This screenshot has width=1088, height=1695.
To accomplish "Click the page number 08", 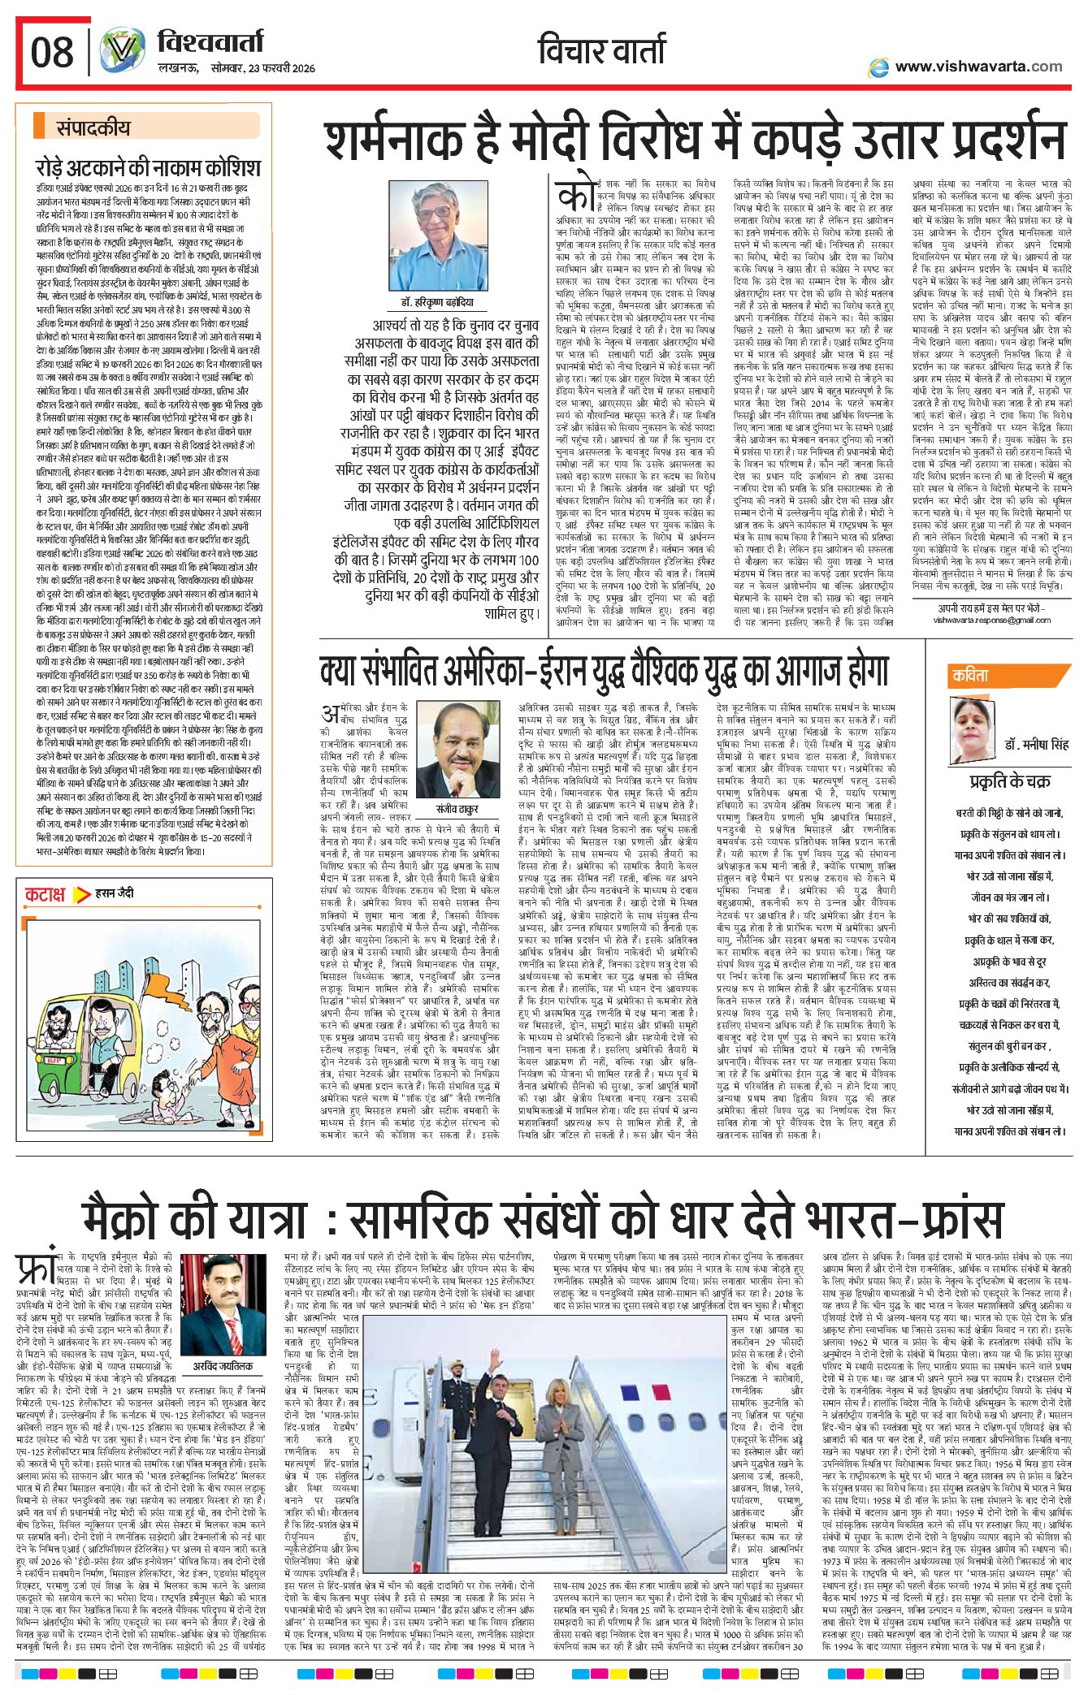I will [52, 54].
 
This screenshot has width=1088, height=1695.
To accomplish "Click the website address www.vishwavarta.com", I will [978, 67].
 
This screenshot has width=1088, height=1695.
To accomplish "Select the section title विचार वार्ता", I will [601, 50].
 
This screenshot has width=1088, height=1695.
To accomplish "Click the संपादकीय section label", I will [93, 128].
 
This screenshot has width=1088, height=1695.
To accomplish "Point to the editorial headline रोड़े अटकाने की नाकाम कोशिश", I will [148, 167].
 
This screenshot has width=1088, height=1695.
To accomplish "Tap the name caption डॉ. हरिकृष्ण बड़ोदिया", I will [437, 302].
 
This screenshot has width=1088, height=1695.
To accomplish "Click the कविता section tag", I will [971, 675].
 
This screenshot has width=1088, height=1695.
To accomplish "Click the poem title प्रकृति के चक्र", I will [1009, 782].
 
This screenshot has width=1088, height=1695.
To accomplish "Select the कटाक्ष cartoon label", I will [45, 895].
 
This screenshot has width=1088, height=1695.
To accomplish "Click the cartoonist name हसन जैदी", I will [115, 893].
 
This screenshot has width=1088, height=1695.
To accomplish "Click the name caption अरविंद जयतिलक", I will [223, 1366].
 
